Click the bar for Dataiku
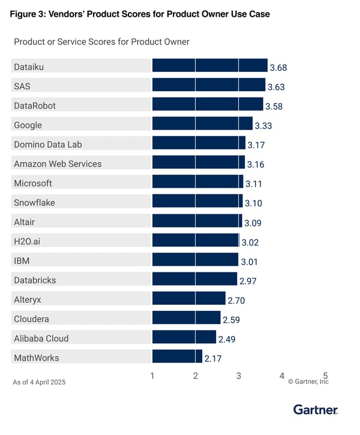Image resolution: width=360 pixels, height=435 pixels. pyautogui.click(x=209, y=66)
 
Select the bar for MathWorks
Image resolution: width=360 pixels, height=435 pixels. pyautogui.click(x=177, y=357)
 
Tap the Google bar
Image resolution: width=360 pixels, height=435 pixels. pyautogui.click(x=202, y=124)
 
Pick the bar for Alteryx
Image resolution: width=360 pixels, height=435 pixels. pyautogui.click(x=188, y=299)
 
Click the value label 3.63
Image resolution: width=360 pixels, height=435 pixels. pyautogui.click(x=276, y=87)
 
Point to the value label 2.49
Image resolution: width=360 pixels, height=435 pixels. pyautogui.click(x=227, y=340)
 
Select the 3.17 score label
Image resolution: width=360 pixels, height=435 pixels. pyautogui.click(x=256, y=145)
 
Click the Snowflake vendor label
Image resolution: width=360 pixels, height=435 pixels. pyautogui.click(x=34, y=202)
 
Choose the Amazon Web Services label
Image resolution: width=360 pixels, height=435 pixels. pyautogui.click(x=58, y=163)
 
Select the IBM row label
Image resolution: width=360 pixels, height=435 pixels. pyautogui.click(x=22, y=260)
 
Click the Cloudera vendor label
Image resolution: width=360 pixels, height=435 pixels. pyautogui.click(x=31, y=319)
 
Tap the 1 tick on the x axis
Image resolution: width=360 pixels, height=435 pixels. pyautogui.click(x=152, y=376)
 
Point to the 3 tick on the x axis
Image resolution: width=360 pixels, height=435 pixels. pyautogui.click(x=239, y=376)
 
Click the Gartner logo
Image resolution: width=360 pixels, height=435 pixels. pyautogui.click(x=316, y=410)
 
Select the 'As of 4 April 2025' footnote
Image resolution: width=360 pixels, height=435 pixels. pyautogui.click(x=39, y=382)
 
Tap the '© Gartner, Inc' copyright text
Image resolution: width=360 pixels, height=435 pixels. pyautogui.click(x=308, y=382)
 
